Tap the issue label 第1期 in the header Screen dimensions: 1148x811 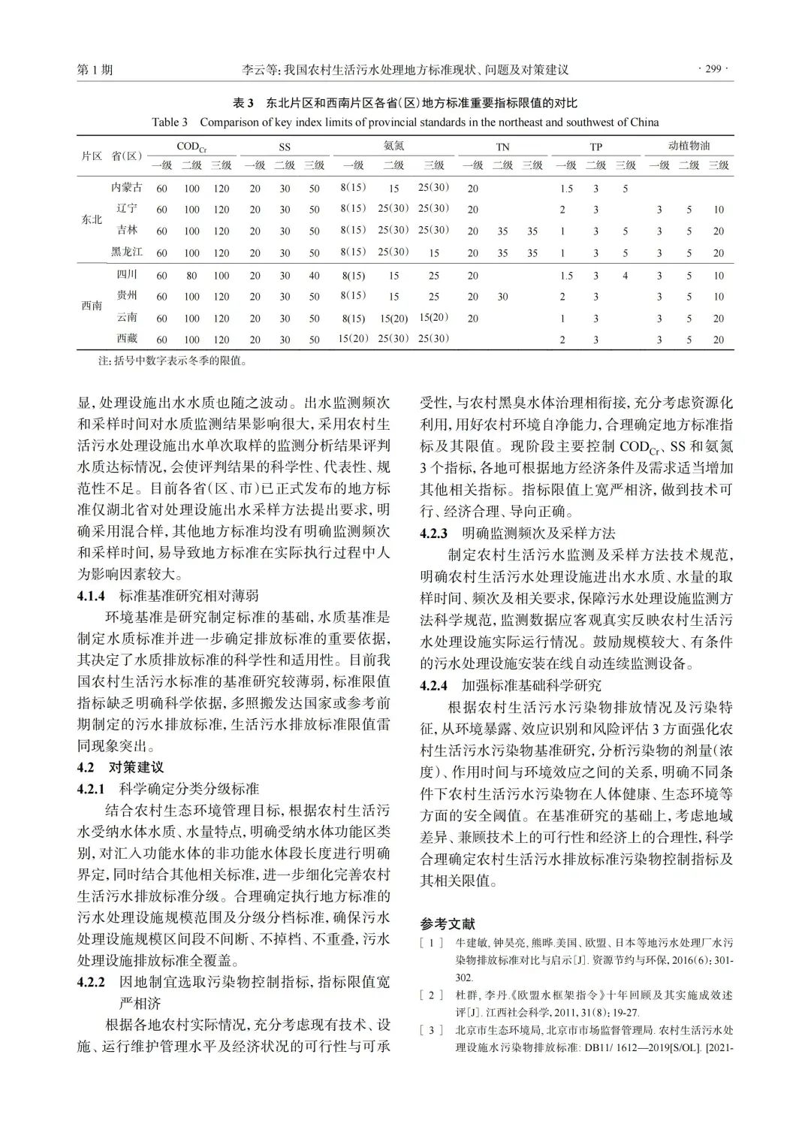point(95,70)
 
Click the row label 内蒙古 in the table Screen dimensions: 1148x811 point(126,188)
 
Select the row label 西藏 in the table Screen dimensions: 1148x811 point(127,339)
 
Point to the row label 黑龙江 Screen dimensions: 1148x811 point(127,252)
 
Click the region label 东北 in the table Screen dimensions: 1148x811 point(92,219)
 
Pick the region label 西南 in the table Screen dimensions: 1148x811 point(92,307)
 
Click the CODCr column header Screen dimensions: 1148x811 point(191,147)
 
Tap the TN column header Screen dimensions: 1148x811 point(502,147)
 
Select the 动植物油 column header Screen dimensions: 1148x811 point(689,146)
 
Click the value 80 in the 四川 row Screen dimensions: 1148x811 point(191,276)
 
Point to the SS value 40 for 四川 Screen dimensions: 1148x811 point(314,276)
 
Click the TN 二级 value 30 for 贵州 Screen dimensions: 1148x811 point(502,297)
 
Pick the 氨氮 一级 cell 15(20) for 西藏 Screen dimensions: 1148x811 point(353,339)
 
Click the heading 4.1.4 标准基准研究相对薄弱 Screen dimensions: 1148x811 point(168,596)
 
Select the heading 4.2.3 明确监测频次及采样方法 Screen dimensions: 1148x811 point(517,533)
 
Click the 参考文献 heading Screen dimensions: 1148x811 point(448,923)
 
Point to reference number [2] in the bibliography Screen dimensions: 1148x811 point(432,995)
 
